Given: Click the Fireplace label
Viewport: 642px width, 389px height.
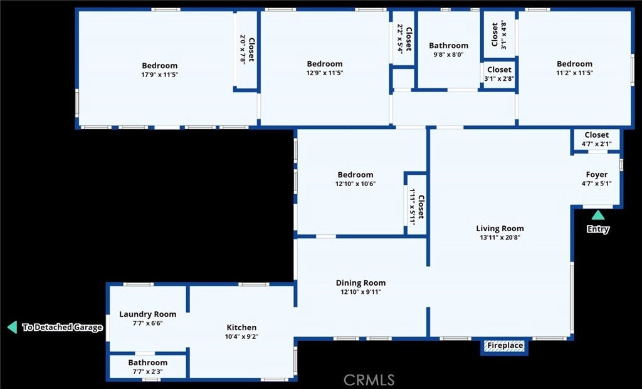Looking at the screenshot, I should (x=505, y=346).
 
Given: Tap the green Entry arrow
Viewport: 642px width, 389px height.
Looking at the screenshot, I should (x=598, y=215).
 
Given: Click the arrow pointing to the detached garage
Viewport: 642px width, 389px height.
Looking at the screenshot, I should (x=11, y=327).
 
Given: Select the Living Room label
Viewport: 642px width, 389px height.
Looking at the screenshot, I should (x=500, y=229).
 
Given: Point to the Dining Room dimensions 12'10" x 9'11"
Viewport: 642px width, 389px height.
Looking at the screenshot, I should (x=360, y=292).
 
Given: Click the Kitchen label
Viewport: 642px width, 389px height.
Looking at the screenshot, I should (x=241, y=328).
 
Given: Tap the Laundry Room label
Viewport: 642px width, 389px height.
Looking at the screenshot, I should (x=147, y=314).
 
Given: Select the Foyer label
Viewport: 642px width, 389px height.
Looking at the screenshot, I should (x=596, y=175).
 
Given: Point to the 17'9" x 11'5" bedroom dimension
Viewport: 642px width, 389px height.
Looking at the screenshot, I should (x=159, y=75).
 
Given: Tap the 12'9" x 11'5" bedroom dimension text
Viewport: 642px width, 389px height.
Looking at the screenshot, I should (x=325, y=73).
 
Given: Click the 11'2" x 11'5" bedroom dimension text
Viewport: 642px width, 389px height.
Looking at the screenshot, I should (x=574, y=73).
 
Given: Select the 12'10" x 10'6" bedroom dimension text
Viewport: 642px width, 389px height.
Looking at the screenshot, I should (x=355, y=184).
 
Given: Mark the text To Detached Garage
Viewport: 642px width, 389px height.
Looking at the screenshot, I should (x=62, y=327).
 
